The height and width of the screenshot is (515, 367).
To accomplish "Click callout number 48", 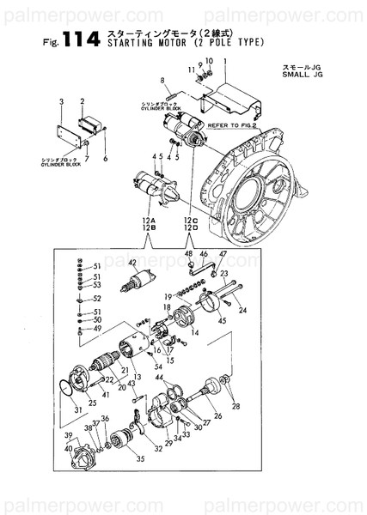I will point(188,255).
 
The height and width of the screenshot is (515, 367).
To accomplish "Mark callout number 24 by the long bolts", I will point(242,310).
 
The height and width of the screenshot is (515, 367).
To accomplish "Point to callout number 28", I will point(237,405).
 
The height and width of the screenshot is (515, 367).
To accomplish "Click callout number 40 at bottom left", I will point(68,448).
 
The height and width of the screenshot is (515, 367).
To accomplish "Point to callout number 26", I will point(217,415).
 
